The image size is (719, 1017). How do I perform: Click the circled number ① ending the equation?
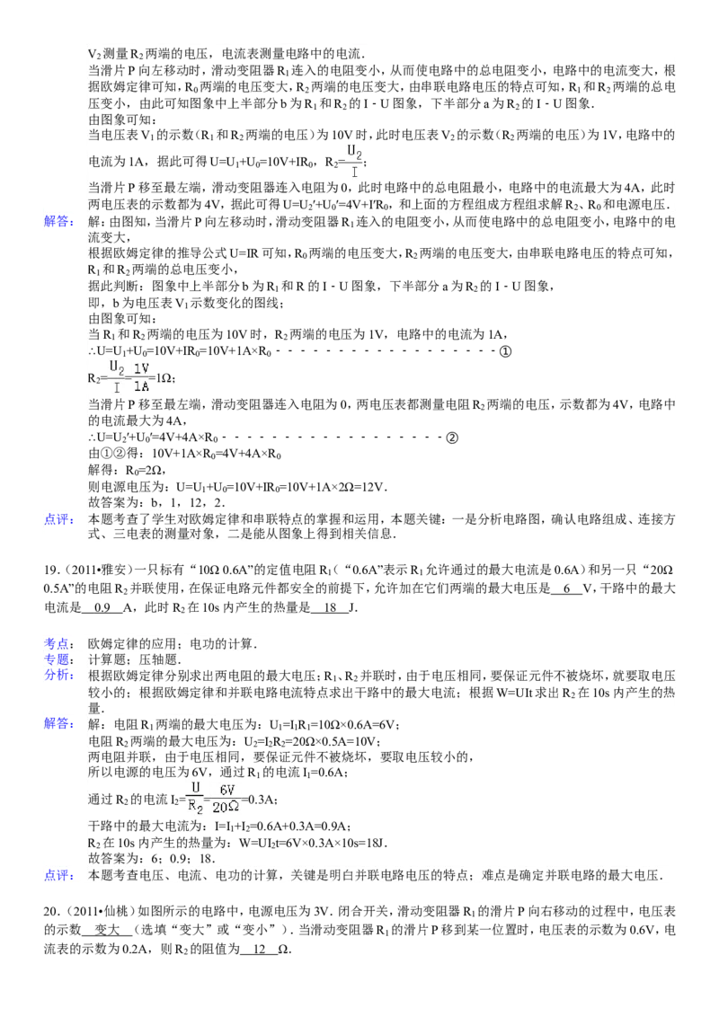point(505,351)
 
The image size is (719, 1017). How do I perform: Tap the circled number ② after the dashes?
point(452,438)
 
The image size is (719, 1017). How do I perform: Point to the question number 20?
point(52,912)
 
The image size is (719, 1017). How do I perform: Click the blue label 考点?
point(59,643)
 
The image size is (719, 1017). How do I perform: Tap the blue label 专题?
point(59,659)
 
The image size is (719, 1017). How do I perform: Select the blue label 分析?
point(59,676)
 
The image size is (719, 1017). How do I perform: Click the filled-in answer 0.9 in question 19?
point(102,607)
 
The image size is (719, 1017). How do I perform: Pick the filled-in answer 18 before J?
point(331,607)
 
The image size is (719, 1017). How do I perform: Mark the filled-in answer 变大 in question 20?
point(108,930)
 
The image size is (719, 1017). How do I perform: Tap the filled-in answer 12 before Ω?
point(260,950)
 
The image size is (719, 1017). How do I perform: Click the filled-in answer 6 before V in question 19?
point(567,589)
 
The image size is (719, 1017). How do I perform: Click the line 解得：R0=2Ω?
point(128,470)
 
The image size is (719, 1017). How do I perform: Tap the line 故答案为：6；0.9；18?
point(152,859)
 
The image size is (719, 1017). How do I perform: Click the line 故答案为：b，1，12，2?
point(157,503)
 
